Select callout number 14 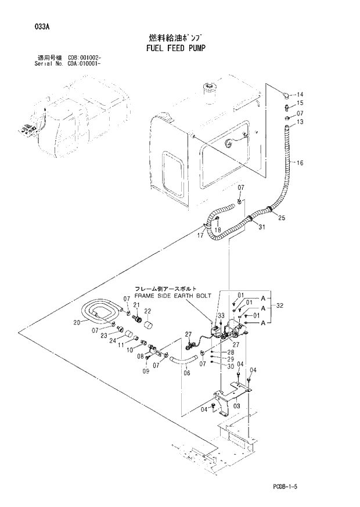300,95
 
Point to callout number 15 300,104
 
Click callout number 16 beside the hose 300,163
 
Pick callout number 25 282,218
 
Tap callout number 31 261,226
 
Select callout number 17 200,236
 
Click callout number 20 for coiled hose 77,323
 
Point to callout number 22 147,311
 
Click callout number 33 221,315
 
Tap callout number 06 187,373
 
